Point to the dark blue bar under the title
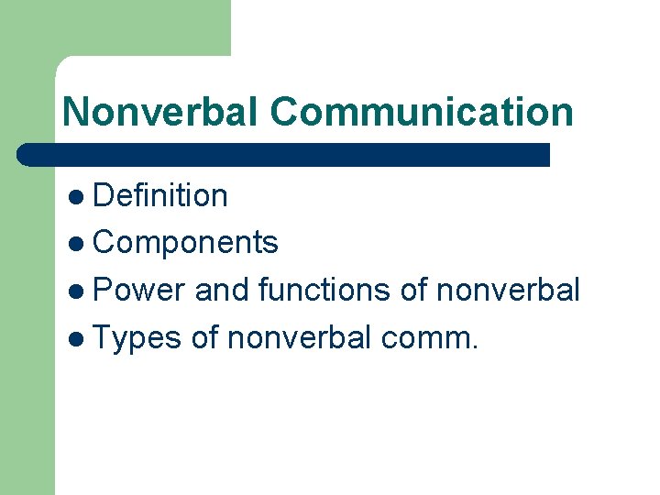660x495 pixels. [284, 154]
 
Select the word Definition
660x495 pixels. [160, 195]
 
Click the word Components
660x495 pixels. [186, 243]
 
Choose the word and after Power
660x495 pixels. [223, 291]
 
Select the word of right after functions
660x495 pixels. [415, 291]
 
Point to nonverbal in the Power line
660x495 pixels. [509, 291]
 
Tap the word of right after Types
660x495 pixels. [205, 338]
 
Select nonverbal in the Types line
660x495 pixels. [299, 338]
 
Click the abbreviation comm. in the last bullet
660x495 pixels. [429, 339]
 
